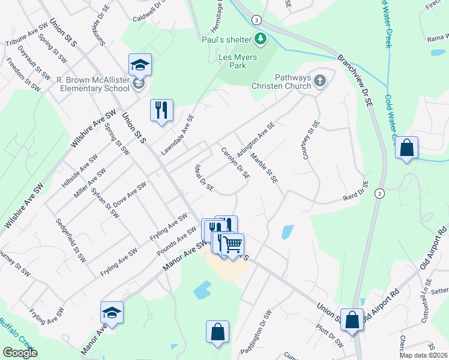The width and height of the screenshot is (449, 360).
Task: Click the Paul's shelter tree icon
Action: point(260,40)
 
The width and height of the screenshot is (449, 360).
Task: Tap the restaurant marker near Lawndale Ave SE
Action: point(161,110)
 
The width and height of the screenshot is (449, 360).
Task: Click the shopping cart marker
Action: point(233,245)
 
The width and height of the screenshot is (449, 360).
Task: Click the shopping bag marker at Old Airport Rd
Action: point(352,320)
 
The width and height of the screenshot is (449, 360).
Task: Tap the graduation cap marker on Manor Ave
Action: point(112,313)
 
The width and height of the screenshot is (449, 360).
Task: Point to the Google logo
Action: point(19,353)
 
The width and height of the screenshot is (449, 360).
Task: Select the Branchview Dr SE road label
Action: point(355,80)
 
